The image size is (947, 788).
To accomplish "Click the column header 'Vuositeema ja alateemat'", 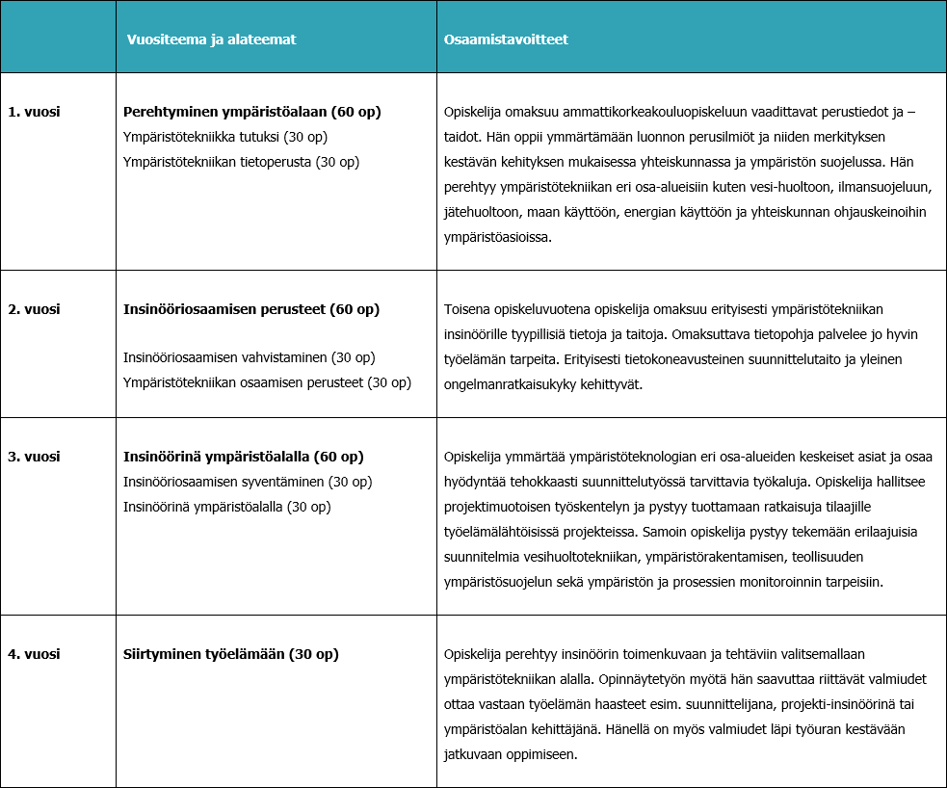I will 211,39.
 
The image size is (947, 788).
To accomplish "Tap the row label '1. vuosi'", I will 34,112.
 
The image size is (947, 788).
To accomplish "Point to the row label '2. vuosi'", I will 34,309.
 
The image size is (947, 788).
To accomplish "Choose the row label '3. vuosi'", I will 34,457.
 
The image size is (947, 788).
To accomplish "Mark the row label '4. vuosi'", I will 34,654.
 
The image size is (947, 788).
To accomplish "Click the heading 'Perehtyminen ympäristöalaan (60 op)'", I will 252,112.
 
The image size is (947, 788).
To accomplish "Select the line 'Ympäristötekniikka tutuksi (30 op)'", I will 225,137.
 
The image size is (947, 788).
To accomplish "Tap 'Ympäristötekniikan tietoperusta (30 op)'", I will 241,162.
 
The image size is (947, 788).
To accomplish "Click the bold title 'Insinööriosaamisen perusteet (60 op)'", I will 251,309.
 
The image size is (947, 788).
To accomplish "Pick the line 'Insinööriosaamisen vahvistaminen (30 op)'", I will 249,357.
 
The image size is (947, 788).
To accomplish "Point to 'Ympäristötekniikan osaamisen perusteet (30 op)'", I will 267,382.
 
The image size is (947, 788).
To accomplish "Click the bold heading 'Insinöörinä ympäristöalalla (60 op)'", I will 244,457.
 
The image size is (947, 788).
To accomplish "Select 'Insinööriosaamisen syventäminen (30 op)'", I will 248,482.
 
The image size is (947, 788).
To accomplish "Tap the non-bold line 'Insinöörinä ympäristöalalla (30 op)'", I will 227,507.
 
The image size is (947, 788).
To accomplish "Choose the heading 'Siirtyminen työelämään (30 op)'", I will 231,654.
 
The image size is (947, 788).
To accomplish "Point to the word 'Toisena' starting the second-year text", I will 467,309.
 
